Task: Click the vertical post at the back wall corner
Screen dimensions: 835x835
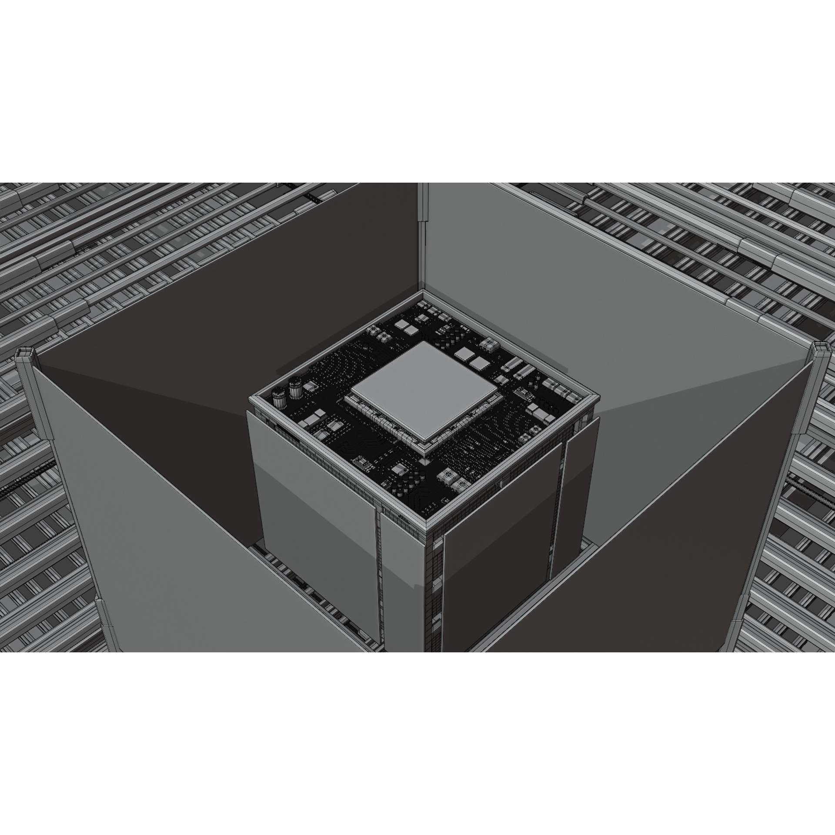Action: (422, 209)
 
